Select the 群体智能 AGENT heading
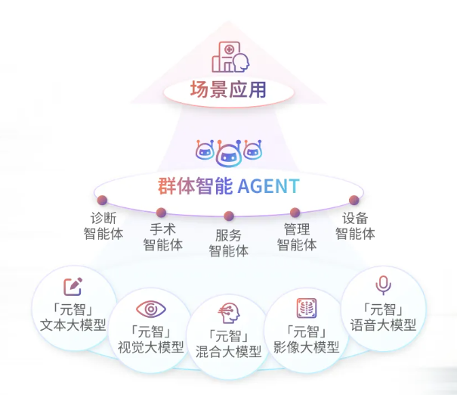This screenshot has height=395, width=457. click(228, 185)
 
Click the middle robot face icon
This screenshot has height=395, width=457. click(228, 153)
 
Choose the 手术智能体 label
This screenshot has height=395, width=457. click(163, 237)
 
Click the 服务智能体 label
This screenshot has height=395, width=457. click(228, 243)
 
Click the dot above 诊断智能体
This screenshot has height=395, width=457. click(101, 201)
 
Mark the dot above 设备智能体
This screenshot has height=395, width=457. click(354, 201)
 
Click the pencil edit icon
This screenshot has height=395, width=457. click(72, 287)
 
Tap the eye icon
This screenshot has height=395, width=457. click(151, 309)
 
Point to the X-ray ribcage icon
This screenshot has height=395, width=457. click(306, 308)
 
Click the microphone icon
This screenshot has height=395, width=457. click(384, 285)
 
